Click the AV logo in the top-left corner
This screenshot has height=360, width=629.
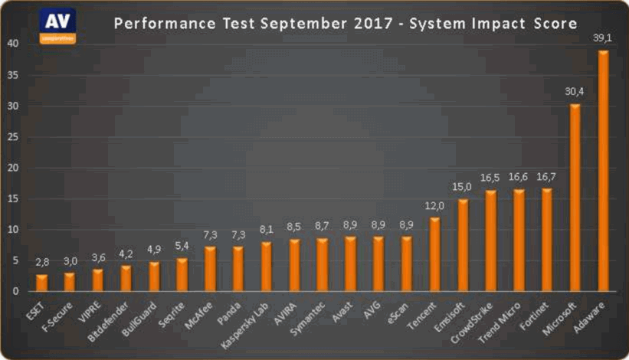[x=57, y=25]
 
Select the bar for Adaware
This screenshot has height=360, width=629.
[x=604, y=172]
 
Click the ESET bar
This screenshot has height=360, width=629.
[x=41, y=283]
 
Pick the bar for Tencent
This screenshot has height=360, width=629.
[x=435, y=254]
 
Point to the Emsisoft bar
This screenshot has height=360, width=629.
[x=464, y=245]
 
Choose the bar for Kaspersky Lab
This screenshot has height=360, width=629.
[x=267, y=267]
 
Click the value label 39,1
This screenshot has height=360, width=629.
[x=603, y=38]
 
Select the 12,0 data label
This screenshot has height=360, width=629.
[x=434, y=205]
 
